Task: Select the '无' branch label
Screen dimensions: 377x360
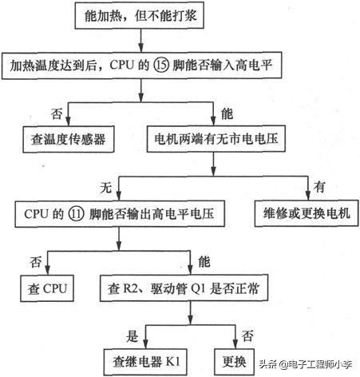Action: click(x=105, y=188)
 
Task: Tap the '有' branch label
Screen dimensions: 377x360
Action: click(x=319, y=188)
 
